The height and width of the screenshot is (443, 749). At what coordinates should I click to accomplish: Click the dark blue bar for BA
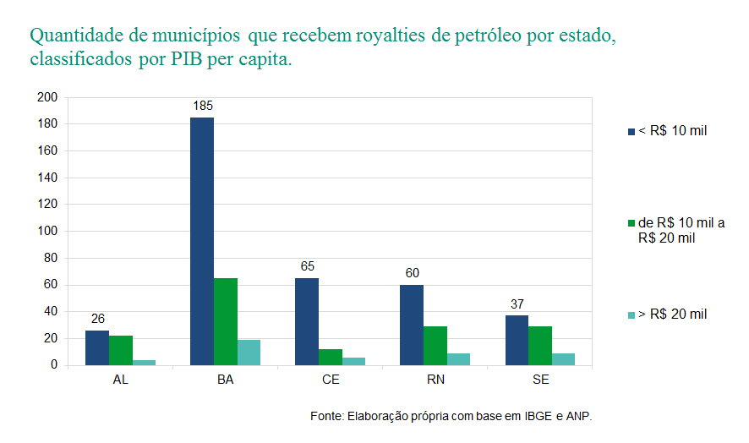click(202, 241)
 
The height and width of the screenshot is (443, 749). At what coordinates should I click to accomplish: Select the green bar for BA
click(226, 321)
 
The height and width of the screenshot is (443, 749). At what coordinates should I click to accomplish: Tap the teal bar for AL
click(144, 362)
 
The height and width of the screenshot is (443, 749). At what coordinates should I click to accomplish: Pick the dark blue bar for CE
click(307, 321)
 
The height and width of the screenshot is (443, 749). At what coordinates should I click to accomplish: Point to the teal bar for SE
click(563, 358)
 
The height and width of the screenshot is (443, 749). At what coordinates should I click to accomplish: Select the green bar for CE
click(331, 357)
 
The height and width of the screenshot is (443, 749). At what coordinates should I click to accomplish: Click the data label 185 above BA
click(202, 107)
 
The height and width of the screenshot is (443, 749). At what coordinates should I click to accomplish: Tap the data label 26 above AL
click(98, 319)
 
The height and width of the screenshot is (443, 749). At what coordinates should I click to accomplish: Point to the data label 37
click(517, 304)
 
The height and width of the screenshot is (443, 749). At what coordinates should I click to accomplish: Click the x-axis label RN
click(435, 380)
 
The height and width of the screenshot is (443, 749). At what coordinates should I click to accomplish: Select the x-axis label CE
click(331, 380)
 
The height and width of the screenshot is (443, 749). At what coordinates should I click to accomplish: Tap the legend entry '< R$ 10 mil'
click(671, 130)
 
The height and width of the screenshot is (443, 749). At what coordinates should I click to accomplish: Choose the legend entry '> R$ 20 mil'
click(671, 314)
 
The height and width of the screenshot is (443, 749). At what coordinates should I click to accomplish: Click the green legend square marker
click(631, 223)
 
